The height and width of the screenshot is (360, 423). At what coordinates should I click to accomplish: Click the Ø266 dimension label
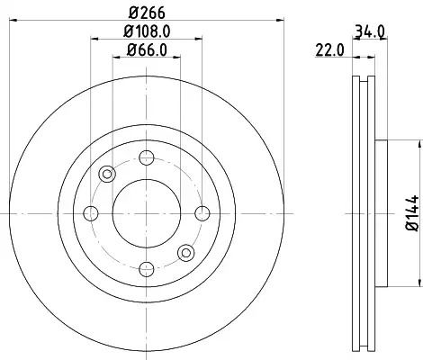coord(147,13)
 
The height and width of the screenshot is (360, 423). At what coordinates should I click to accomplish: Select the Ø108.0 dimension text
coord(147,31)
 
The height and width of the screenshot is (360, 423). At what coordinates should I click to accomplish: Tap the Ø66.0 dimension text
coord(147,49)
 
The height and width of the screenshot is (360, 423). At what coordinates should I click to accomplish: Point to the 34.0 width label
coord(369,31)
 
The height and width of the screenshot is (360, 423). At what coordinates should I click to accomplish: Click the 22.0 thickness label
coord(329,49)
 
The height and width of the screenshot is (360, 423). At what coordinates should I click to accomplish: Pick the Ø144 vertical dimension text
coord(412,213)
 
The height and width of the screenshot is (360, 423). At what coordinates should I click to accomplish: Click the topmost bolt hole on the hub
coord(147,157)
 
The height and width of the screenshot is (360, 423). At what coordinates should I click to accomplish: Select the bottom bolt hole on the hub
coord(147,269)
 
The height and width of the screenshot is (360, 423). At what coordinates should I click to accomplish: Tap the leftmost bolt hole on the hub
coord(91,213)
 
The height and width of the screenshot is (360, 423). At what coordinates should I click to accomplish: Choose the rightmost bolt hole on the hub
coord(202,213)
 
